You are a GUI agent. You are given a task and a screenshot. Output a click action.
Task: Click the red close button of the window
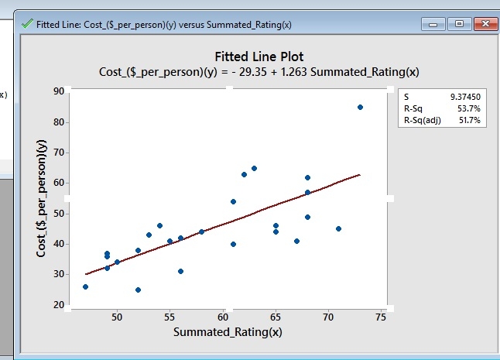click(485, 24)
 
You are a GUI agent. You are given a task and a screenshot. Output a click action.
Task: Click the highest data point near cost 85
click(360, 107)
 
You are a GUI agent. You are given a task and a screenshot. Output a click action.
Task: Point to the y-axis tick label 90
click(58, 91)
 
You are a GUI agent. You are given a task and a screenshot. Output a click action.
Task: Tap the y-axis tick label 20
click(58, 305)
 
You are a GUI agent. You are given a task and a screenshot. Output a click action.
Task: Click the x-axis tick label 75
click(380, 317)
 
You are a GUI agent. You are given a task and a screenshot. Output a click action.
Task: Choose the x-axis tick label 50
click(117, 317)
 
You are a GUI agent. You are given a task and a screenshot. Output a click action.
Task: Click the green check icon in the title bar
click(28, 24)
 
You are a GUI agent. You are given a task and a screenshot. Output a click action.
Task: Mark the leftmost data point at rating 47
click(85, 286)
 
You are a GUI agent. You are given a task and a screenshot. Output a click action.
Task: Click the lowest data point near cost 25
click(138, 290)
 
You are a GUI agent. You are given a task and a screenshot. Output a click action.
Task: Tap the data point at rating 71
click(338, 228)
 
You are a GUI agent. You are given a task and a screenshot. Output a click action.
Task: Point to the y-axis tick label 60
click(58, 183)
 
